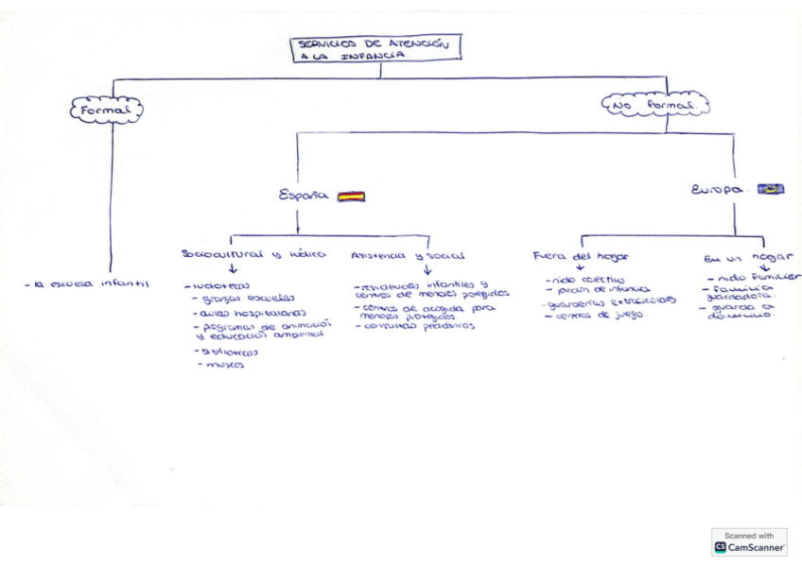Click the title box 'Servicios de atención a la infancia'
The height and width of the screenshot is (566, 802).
click(x=376, y=49)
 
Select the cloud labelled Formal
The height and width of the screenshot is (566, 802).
click(x=107, y=110)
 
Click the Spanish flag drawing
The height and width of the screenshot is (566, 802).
click(x=351, y=197)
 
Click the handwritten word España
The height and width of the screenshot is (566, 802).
click(x=304, y=196)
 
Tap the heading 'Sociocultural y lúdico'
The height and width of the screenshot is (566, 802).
click(x=253, y=254)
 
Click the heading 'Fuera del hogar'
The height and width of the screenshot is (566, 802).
click(x=581, y=255)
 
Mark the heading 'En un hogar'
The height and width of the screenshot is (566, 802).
click(x=746, y=256)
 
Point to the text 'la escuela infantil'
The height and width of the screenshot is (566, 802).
click(x=87, y=283)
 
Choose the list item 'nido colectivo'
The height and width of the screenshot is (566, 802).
click(x=585, y=280)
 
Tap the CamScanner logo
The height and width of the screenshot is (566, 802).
click(x=749, y=542)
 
